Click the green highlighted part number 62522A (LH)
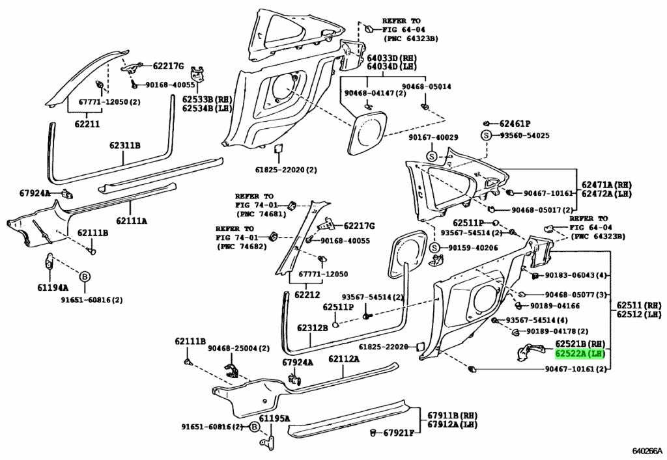[580, 353]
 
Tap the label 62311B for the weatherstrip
[125, 145]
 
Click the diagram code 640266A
[647, 450]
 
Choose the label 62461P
[515, 123]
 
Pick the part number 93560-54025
[524, 135]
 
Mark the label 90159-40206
[472, 248]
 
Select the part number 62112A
[344, 359]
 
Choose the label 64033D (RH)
[391, 57]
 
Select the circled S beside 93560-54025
[485, 135]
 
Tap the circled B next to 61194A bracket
[84, 277]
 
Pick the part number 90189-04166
[554, 306]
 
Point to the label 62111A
[131, 221]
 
